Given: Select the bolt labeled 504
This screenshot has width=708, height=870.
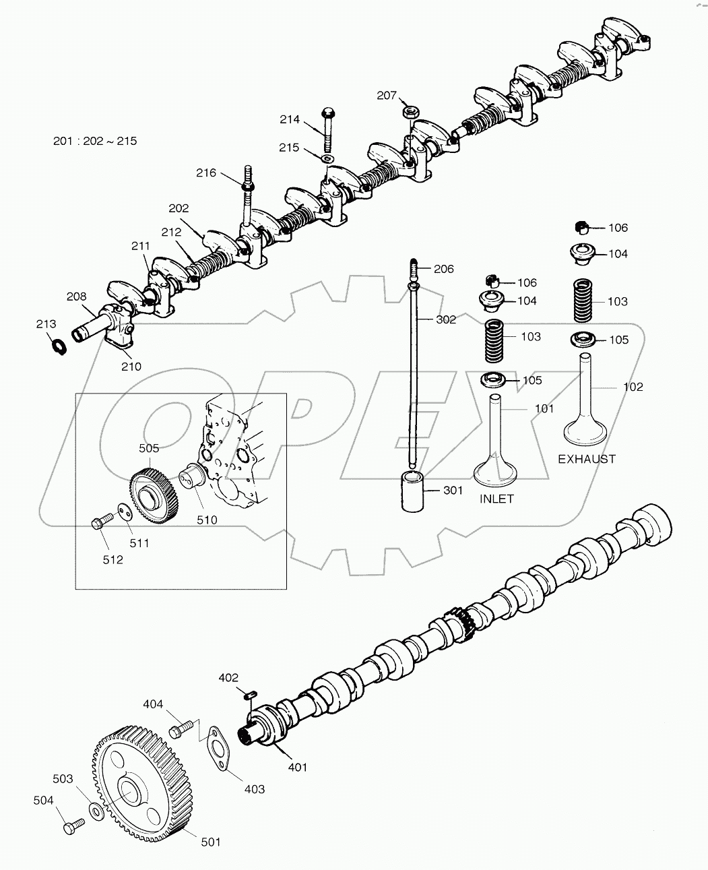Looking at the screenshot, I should pos(72,826).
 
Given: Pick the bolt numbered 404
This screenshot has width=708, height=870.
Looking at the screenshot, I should pos(180,728).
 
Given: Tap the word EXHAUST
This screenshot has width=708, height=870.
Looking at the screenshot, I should pos(586,459).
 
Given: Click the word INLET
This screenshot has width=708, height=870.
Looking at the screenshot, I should pos(496,499).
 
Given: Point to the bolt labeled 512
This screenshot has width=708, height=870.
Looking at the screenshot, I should pos(101,523).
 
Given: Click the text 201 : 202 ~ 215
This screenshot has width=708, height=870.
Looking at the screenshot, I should pos(95,141).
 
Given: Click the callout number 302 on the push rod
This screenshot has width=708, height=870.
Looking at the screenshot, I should pos(445,320).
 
